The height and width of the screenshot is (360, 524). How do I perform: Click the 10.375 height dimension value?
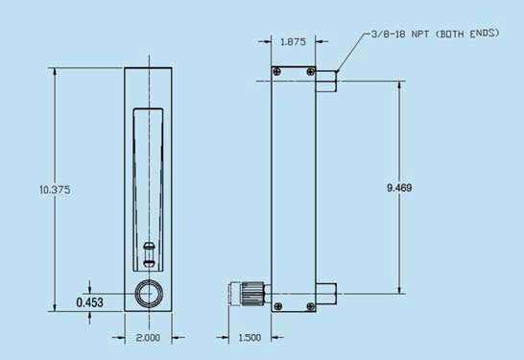[55, 190]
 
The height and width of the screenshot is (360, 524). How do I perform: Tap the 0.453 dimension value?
[89, 302]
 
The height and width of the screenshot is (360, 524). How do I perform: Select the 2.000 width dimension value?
[148, 338]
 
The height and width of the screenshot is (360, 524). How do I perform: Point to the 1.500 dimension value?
[250, 338]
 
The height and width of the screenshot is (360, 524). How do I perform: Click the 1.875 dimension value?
[293, 42]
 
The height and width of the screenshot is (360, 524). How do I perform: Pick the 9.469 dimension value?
[399, 188]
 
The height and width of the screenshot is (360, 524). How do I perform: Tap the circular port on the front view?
[149, 294]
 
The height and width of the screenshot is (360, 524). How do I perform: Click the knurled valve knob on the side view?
[252, 294]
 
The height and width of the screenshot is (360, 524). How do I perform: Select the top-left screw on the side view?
[277, 72]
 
